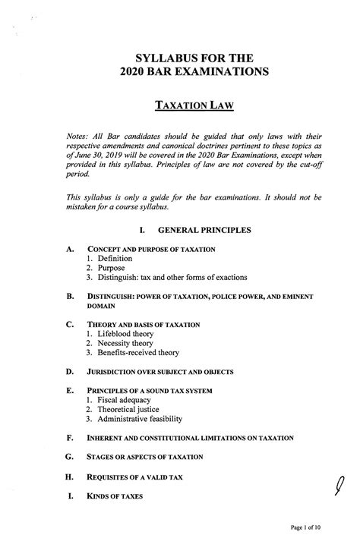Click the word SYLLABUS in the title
point(159,58)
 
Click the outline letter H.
point(70,477)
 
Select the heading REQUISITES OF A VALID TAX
point(140,477)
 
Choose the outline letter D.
point(70,372)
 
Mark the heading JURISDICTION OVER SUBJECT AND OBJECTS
point(160,372)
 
